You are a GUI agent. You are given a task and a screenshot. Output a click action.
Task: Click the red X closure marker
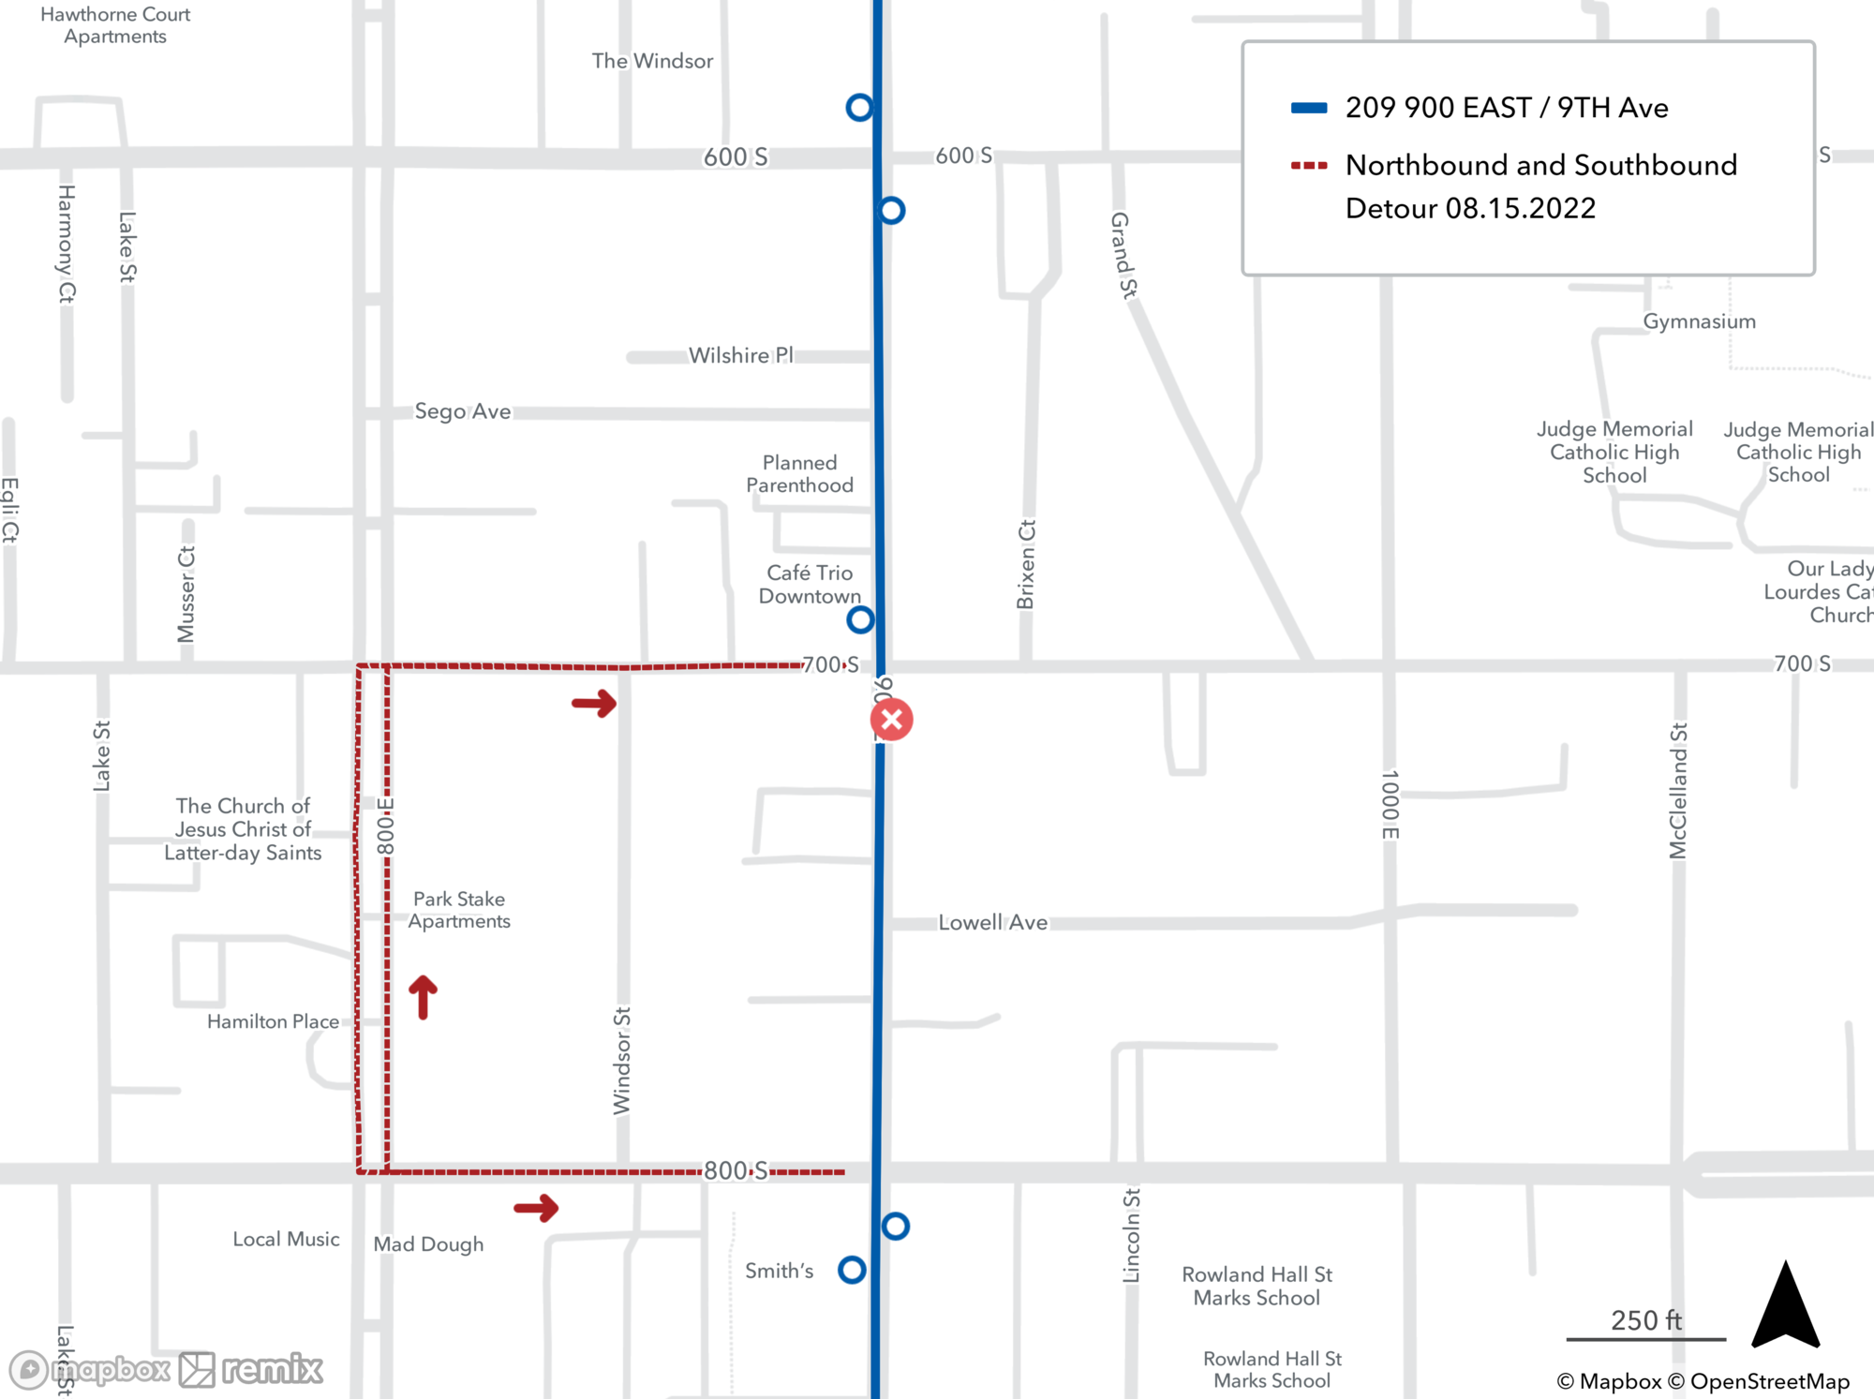click(x=891, y=720)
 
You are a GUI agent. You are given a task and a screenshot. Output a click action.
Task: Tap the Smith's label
click(x=779, y=1271)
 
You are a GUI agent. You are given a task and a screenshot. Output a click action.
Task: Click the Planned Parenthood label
click(x=799, y=474)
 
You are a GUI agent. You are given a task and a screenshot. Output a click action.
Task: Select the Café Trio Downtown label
click(x=810, y=584)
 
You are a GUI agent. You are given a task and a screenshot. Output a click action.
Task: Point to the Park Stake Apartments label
click(x=459, y=910)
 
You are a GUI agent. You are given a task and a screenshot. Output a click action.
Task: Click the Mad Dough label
click(x=428, y=1244)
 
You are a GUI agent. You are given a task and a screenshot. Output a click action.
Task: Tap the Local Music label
click(x=286, y=1239)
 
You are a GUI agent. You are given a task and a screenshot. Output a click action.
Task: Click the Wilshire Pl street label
click(x=740, y=355)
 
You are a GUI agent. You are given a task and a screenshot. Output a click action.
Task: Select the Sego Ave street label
click(x=463, y=411)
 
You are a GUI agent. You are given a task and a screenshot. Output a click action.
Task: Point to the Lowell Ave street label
click(x=992, y=923)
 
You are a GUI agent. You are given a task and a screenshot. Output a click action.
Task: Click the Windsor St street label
click(x=622, y=1061)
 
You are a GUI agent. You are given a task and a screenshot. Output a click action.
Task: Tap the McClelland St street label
click(x=1677, y=790)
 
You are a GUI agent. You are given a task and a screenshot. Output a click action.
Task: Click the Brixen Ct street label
click(x=1026, y=564)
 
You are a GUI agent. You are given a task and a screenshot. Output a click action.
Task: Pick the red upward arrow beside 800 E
click(x=423, y=996)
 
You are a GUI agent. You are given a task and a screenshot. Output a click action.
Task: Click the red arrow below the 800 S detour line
click(x=536, y=1207)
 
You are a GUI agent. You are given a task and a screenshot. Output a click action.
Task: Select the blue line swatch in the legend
click(x=1309, y=108)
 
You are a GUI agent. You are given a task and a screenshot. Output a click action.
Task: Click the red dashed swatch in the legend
click(x=1309, y=166)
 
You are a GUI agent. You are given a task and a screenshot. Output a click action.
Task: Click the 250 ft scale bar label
click(x=1645, y=1320)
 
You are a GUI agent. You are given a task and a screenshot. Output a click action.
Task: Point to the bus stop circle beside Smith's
click(x=852, y=1270)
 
